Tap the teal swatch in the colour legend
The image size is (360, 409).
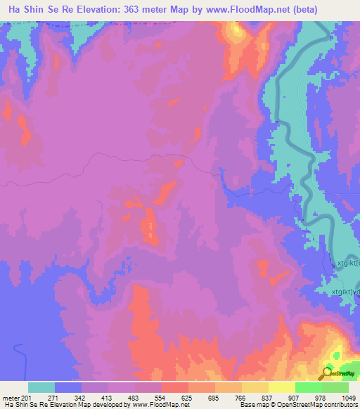tap(41, 387)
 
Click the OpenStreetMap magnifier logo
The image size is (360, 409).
tap(328, 372)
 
